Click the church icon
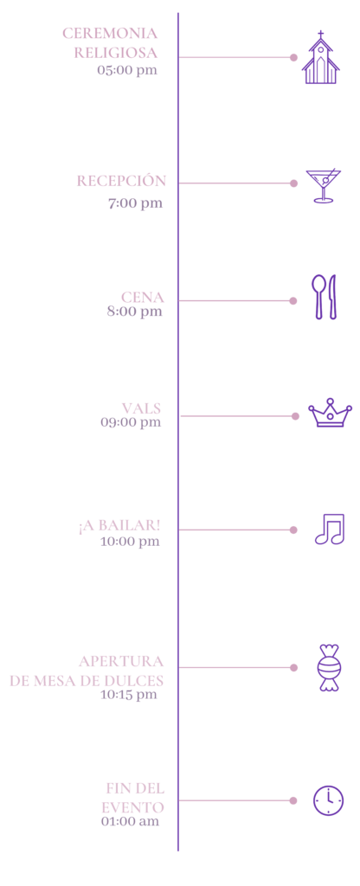320,58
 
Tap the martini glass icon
324,185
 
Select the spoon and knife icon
325,297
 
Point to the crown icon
330,413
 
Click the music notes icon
330,529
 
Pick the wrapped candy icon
329,667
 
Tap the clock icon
328,800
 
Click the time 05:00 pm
127,71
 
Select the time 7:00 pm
136,203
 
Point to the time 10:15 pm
129,695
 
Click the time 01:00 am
131,821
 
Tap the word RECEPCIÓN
121,181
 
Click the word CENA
143,298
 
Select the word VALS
141,408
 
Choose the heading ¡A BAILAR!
119,525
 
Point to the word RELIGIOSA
116,53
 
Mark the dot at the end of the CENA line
293,300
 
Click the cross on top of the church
321,35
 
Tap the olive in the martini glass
325,180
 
